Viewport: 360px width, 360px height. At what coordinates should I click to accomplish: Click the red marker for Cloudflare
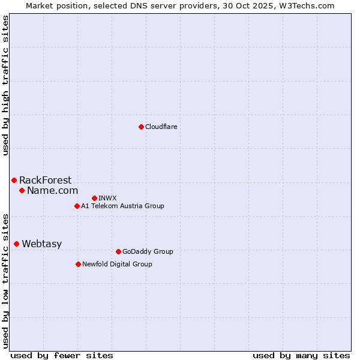(141, 127)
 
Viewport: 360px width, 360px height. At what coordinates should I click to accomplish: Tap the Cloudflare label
(161, 127)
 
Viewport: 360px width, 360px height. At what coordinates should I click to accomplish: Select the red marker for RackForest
(14, 180)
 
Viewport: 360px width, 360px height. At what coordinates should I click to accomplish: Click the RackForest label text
(45, 180)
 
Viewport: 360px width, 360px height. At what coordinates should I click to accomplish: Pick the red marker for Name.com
(22, 190)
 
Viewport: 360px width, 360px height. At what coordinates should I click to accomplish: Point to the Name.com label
(52, 190)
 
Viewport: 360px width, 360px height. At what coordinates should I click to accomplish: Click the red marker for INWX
(94, 198)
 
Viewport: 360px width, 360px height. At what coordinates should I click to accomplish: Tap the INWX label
(107, 198)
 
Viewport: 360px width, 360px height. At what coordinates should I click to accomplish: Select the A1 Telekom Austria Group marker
(77, 206)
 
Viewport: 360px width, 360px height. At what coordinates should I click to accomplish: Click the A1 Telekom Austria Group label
(122, 206)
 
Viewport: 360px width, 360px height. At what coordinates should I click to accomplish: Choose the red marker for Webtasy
(16, 244)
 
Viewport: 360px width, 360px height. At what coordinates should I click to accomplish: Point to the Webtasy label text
(41, 244)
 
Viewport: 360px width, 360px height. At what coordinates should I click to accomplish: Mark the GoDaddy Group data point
(118, 251)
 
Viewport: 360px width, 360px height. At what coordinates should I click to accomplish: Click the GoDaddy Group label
(147, 251)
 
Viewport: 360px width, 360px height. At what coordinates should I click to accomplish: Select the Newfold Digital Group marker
(78, 264)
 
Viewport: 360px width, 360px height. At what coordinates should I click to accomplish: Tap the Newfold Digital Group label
(117, 264)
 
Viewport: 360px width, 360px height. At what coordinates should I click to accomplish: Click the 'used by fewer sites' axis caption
(61, 355)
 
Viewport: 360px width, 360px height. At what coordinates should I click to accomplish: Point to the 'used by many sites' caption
(301, 355)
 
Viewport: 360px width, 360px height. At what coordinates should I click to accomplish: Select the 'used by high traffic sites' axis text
(6, 85)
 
